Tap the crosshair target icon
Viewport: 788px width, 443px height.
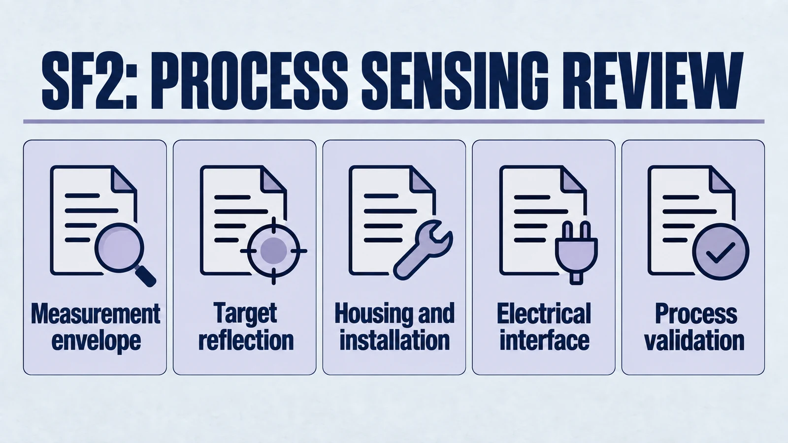[x=274, y=251]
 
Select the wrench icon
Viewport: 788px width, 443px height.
[x=423, y=250]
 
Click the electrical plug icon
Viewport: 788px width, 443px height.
[x=576, y=252]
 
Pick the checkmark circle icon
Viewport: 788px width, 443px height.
[x=721, y=252]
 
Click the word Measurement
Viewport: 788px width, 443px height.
[x=96, y=314]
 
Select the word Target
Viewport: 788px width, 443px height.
[x=245, y=314]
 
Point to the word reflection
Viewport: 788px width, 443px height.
[x=246, y=340]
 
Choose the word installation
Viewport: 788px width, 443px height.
[x=394, y=340]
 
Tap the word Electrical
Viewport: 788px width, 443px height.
[x=544, y=314]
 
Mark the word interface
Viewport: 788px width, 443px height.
[x=544, y=340]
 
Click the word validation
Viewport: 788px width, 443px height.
[x=694, y=340]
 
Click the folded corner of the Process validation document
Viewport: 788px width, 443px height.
[x=722, y=179]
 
